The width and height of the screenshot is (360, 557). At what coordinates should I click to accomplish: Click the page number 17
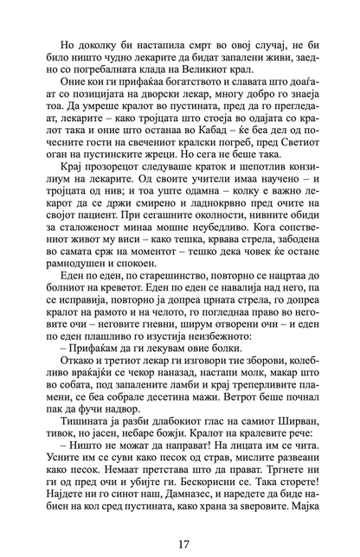[180, 520]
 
